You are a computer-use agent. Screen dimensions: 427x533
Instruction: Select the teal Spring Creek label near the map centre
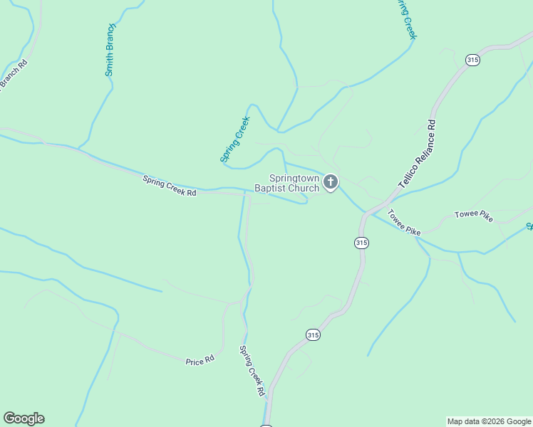tap(235, 139)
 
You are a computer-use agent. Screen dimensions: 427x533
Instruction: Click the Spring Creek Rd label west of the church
tap(169, 186)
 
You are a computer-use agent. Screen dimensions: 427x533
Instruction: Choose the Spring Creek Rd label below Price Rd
tap(252, 370)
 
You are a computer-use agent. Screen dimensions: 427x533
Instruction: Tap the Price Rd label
tap(200, 362)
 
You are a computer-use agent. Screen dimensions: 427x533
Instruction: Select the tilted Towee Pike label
tap(404, 222)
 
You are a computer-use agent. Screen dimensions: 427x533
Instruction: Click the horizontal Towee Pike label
tap(474, 216)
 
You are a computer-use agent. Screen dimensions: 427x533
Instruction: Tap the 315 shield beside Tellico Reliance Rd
tap(472, 60)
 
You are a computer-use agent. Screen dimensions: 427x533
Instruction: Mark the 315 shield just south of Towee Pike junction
tap(361, 243)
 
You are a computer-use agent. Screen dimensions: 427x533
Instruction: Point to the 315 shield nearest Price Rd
tap(313, 334)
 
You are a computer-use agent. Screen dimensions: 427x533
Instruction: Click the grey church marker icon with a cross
tap(330, 182)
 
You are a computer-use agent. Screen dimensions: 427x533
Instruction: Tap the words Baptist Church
tap(286, 189)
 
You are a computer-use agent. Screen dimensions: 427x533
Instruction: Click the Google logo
tap(24, 418)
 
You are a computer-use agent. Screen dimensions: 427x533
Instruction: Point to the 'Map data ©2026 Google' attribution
tap(489, 421)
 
